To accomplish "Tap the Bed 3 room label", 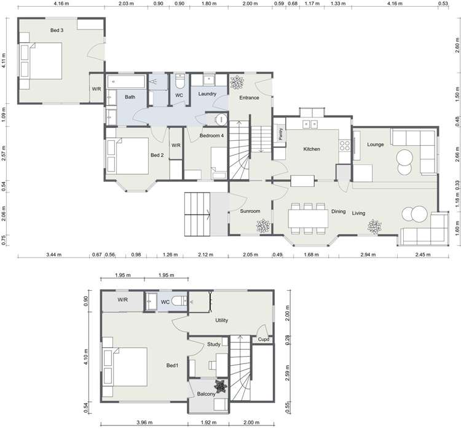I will pyautogui.click(x=57, y=30).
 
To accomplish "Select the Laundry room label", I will pyautogui.click(x=207, y=94).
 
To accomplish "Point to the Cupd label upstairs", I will pyautogui.click(x=263, y=339).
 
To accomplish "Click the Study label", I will pyautogui.click(x=214, y=344).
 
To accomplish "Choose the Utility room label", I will pyautogui.click(x=222, y=320).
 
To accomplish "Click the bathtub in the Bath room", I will pyautogui.click(x=126, y=81).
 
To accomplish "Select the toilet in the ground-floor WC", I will pyautogui.click(x=179, y=81).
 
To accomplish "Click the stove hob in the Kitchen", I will pyautogui.click(x=345, y=146).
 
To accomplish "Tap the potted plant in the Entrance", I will pyautogui.click(x=236, y=82).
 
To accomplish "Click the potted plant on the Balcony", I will pyautogui.click(x=221, y=387).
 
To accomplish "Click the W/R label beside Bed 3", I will pyautogui.click(x=97, y=89).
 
